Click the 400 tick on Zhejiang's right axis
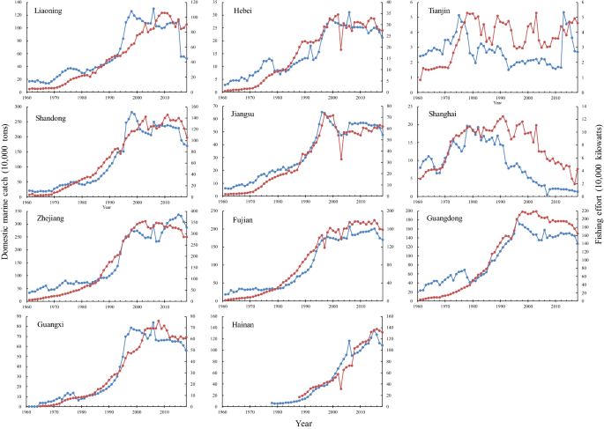pyautogui.click(x=395, y=211)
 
